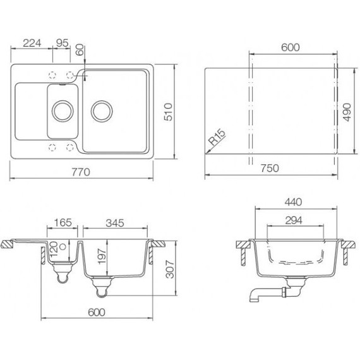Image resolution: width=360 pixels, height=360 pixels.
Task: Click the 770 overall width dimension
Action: (x=81, y=172)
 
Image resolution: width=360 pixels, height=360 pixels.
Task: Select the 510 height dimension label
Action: (x=168, y=112)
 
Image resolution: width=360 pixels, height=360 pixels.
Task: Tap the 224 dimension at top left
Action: (x=32, y=43)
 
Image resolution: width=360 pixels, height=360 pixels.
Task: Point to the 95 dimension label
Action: (x=63, y=43)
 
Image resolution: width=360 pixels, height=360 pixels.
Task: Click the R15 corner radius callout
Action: (x=217, y=137)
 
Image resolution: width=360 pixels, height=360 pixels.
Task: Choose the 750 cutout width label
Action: (x=270, y=168)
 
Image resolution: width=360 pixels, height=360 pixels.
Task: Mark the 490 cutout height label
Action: (x=347, y=112)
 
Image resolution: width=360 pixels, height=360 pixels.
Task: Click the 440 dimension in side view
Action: (x=293, y=202)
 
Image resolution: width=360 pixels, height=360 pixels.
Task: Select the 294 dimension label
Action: (x=294, y=220)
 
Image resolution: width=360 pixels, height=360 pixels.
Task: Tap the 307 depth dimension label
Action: (x=170, y=269)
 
